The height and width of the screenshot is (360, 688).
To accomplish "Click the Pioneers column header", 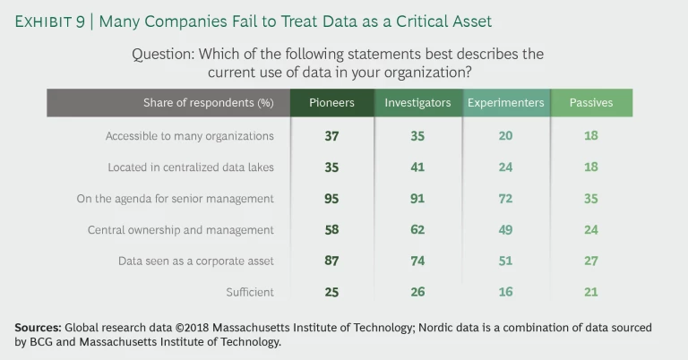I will (331, 103).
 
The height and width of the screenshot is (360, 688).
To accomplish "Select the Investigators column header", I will (417, 103).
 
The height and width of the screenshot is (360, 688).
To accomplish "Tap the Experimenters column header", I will (505, 103).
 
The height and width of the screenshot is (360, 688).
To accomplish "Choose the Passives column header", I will (591, 103).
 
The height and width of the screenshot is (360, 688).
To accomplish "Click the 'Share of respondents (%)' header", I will (209, 103).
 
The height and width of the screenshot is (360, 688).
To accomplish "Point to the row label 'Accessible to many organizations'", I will (189, 136).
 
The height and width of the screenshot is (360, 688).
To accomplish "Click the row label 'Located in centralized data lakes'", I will (191, 167).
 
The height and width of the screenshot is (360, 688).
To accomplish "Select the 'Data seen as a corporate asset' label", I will (195, 261).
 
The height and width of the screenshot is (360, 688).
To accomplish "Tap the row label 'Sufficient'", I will (250, 292).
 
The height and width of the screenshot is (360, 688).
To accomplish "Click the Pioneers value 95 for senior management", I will (331, 199).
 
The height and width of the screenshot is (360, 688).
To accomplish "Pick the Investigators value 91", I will (417, 199).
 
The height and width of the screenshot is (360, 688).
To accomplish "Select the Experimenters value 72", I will (505, 199).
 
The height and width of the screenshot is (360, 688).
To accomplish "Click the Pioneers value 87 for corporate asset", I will (331, 261).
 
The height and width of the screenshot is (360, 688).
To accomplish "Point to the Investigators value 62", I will (417, 230).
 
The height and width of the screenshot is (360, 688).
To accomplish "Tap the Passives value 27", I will (591, 261).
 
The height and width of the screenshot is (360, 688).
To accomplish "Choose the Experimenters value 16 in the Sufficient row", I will (505, 292).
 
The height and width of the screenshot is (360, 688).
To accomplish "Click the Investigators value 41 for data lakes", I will (417, 167).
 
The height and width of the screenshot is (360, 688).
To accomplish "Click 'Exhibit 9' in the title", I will (50, 21).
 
